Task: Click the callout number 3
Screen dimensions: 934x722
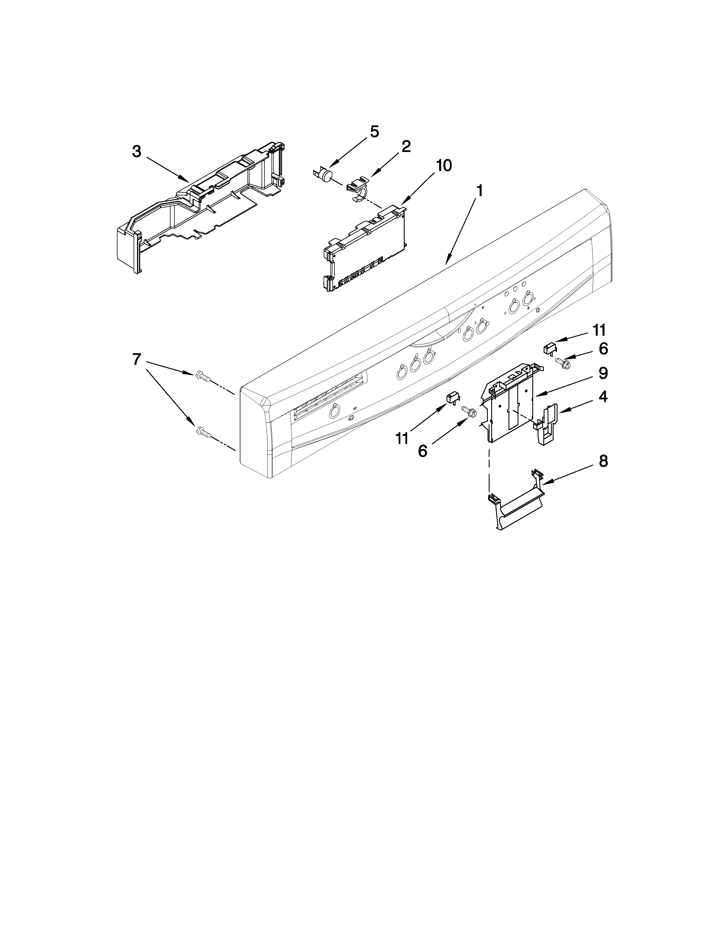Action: [x=136, y=151]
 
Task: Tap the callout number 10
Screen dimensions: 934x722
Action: [x=444, y=166]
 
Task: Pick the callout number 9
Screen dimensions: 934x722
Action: [x=603, y=373]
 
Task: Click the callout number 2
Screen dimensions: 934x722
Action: [x=405, y=147]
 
